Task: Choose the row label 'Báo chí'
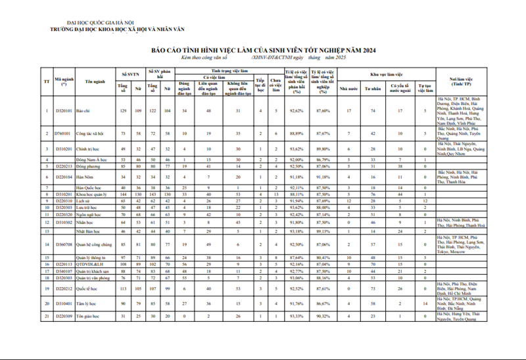click(84, 110)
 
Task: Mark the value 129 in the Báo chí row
click(122, 110)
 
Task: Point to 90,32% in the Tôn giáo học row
click(322, 317)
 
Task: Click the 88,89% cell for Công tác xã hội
click(295, 133)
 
